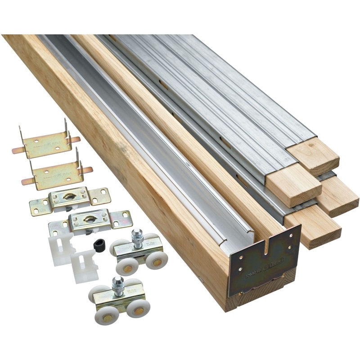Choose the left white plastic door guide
tap(61, 249)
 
